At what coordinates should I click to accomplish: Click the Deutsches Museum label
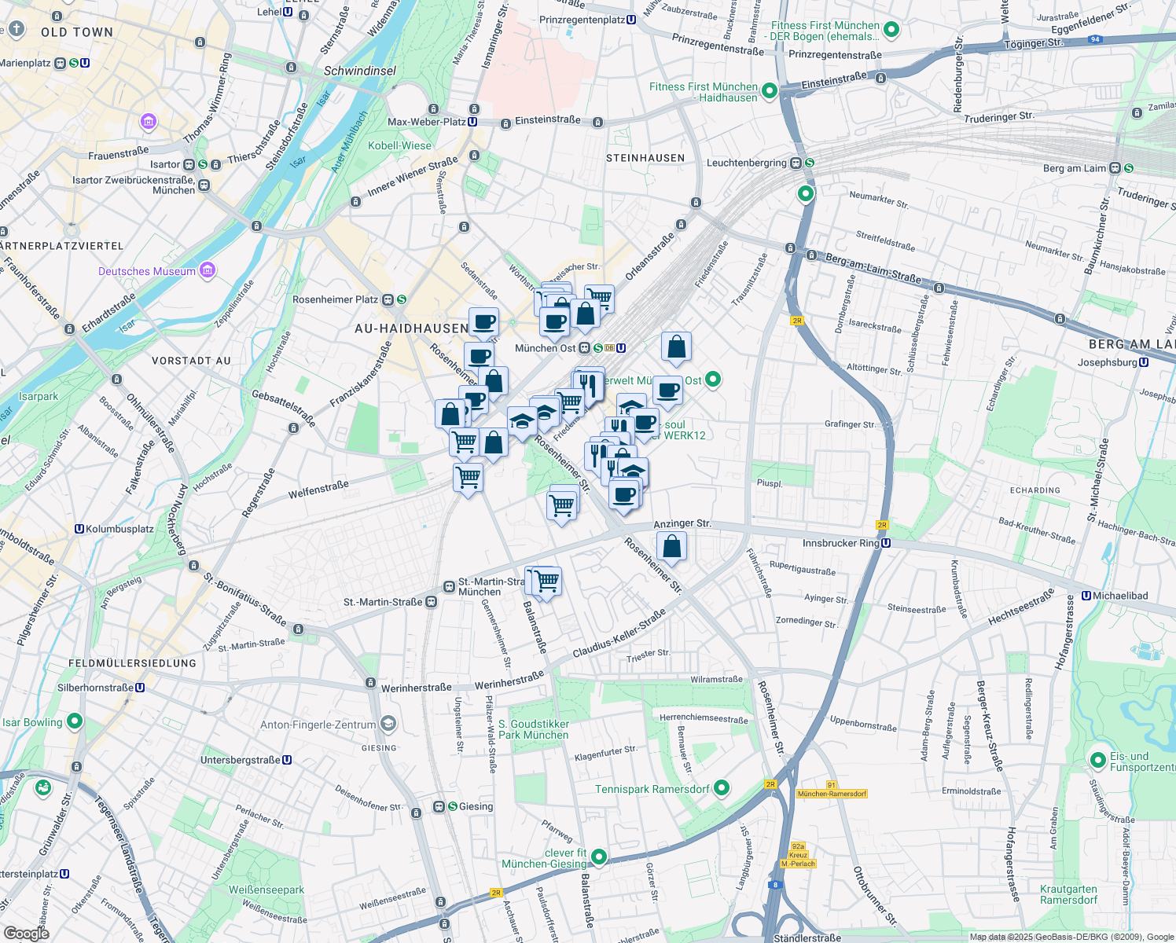[147, 271]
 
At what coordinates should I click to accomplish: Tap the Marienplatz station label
[25, 63]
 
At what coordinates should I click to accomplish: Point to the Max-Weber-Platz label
[427, 122]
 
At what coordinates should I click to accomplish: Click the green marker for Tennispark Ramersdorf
[722, 788]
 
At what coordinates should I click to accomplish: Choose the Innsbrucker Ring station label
[840, 543]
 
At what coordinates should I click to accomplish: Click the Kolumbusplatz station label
[119, 529]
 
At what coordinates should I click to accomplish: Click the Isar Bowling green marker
[75, 721]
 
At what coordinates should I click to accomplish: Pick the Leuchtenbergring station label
[747, 163]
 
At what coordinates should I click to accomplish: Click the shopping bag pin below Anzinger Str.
[672, 546]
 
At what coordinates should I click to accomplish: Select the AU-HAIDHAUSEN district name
[411, 328]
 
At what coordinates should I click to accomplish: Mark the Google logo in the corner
[27, 933]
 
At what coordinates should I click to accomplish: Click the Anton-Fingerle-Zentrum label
[318, 725]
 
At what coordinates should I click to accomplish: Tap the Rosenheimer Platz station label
[336, 299]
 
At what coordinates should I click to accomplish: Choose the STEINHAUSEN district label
[645, 158]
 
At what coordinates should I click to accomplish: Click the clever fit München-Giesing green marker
[599, 857]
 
